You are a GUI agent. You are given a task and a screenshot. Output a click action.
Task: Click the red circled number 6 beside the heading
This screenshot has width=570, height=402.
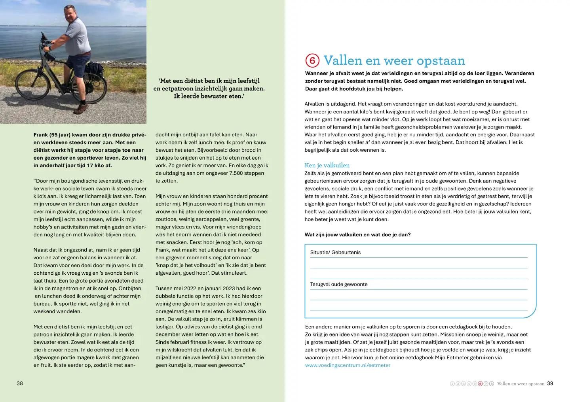click(x=312, y=60)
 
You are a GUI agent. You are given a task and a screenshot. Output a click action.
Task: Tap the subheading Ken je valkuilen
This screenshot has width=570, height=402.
click(x=327, y=165)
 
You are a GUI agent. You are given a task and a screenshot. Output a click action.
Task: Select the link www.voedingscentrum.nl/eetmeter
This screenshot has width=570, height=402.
click(x=348, y=365)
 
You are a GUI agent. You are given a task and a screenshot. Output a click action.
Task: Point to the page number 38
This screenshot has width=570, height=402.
click(x=20, y=383)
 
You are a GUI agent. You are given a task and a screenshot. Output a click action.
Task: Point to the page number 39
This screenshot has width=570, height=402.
click(x=550, y=383)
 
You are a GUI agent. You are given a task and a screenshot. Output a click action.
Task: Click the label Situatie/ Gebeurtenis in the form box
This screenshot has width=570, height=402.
click(x=335, y=253)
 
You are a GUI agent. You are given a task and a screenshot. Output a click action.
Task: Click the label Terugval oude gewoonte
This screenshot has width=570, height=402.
click(x=339, y=284)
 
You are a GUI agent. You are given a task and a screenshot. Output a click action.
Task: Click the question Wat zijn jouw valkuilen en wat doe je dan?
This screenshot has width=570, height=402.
click(x=357, y=235)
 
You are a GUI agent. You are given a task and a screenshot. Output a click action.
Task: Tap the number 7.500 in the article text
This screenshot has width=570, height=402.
click(x=239, y=173)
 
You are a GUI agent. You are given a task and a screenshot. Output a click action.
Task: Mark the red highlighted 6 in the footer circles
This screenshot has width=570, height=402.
click(x=480, y=384)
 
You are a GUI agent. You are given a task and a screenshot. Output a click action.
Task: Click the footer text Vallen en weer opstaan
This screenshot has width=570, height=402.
click(x=521, y=384)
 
